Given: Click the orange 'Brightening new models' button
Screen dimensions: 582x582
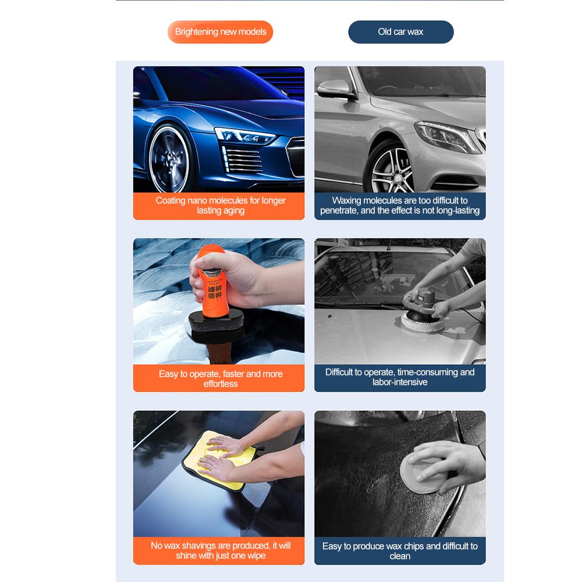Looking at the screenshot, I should [x=220, y=32].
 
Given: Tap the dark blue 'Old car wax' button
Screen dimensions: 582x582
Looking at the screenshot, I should [x=400, y=32].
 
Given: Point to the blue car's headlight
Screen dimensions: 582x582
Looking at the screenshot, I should [x=244, y=137].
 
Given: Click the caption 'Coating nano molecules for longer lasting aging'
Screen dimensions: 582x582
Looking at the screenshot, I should [x=220, y=205].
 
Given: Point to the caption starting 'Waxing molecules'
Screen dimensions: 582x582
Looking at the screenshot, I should [x=400, y=205].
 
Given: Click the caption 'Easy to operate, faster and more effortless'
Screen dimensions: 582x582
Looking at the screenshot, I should [x=220, y=378].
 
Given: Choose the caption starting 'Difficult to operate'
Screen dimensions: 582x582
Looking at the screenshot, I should [x=400, y=377].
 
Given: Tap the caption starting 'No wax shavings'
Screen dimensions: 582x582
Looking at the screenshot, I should [x=220, y=551].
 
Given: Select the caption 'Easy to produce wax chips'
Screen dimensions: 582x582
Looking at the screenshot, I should [x=400, y=551].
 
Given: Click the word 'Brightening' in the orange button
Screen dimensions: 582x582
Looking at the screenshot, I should [x=196, y=32].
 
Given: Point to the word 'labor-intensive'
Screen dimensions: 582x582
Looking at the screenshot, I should [x=400, y=382].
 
